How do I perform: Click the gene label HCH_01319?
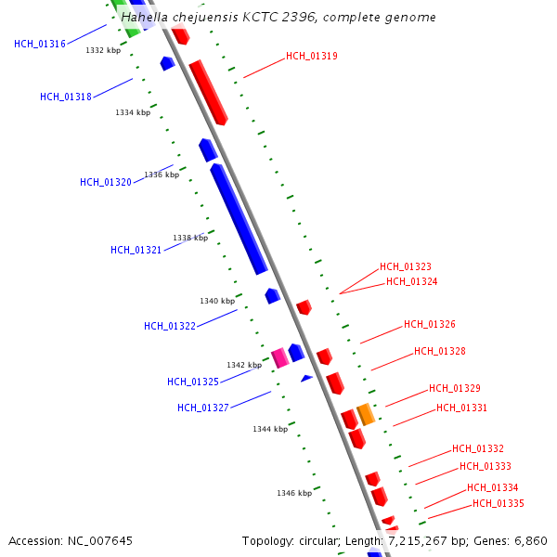312,57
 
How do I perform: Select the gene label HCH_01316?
40,45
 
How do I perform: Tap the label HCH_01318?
66,97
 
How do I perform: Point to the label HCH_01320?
106,183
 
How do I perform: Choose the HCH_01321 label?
136,251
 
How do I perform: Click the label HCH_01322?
170,327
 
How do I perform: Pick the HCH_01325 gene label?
193,382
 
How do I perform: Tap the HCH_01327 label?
203,408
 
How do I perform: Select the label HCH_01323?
406,267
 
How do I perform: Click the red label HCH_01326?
430,325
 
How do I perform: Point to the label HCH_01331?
462,408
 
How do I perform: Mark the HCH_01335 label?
499,504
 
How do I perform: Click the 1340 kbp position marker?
217,302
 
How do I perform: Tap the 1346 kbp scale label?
294,494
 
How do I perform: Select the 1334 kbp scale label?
133,113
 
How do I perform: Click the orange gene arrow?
366,414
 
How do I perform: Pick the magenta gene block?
279,357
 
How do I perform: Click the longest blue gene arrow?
239,219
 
